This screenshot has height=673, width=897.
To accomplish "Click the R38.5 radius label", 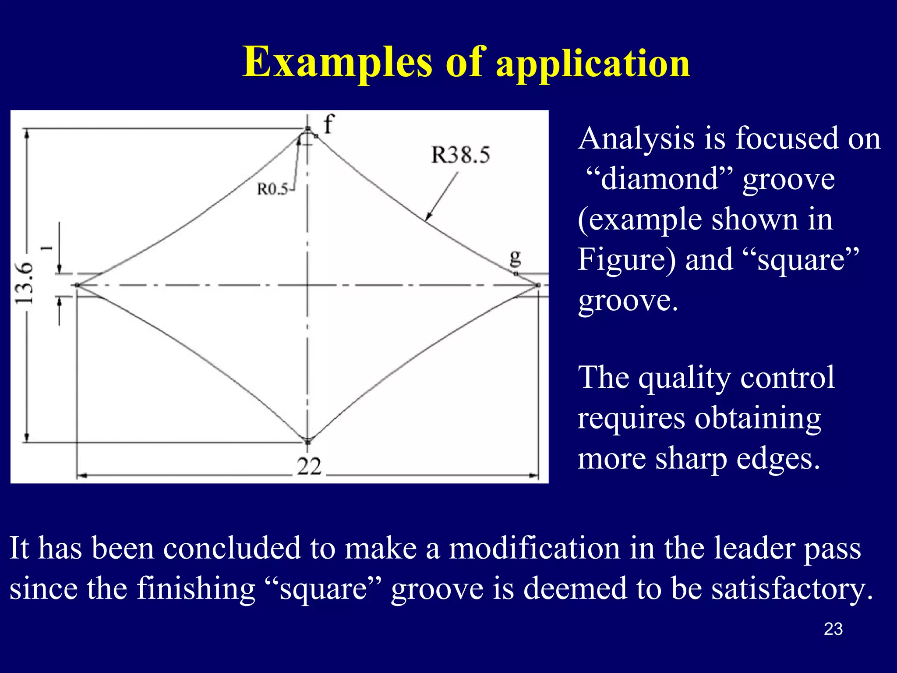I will (460, 155).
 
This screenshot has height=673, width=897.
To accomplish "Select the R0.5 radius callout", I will (272, 189).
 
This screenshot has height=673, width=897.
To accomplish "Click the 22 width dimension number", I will (309, 466).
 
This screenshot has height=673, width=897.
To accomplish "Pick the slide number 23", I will (833, 629).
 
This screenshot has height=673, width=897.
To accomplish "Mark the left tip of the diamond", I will (77, 285).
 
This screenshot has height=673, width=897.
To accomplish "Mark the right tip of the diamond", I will (537, 285).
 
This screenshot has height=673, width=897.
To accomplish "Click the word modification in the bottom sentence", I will (534, 549).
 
